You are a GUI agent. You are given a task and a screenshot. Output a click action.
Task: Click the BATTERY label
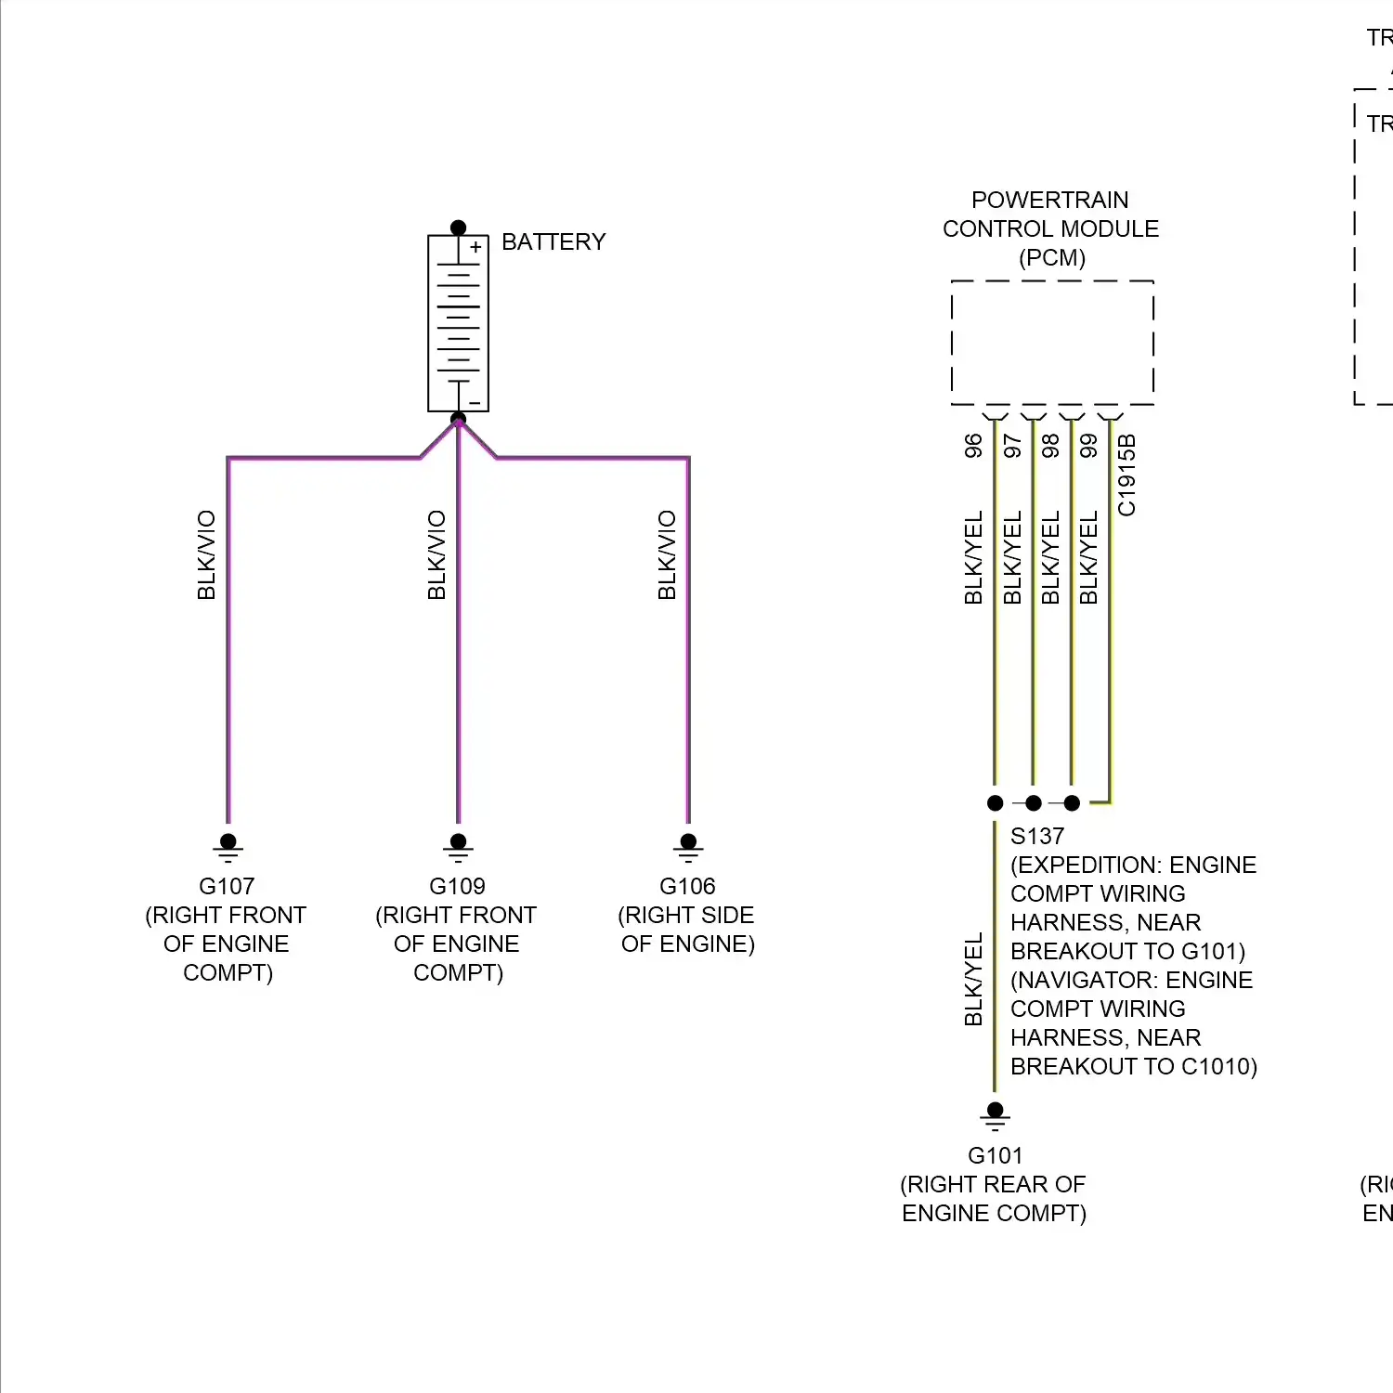click(553, 242)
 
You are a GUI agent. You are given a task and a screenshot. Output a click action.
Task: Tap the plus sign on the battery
click(475, 247)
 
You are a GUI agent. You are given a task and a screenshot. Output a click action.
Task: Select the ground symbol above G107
click(228, 846)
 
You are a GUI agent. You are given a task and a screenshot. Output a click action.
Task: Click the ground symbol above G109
click(458, 846)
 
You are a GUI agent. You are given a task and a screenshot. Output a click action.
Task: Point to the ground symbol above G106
click(688, 846)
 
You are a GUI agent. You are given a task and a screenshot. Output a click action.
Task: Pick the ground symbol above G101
click(995, 1115)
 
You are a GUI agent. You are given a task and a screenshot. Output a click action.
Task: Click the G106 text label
click(687, 886)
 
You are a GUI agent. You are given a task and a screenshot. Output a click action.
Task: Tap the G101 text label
click(995, 1155)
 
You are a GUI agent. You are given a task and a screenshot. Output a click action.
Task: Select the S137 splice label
click(1037, 836)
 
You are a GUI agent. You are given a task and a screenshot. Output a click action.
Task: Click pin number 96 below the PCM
click(973, 446)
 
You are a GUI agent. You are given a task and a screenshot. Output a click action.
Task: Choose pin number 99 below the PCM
click(1088, 446)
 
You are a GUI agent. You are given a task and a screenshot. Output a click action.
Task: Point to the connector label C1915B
click(1126, 475)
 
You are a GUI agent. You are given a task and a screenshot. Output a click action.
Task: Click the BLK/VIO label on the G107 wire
click(206, 554)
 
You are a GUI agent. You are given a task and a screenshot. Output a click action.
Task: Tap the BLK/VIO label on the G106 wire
click(667, 554)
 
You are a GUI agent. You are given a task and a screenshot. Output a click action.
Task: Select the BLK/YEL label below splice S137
click(973, 980)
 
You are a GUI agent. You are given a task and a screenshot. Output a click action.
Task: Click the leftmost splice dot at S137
click(995, 802)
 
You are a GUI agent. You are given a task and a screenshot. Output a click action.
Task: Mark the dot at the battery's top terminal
click(458, 228)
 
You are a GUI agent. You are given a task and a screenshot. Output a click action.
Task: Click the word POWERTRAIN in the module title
click(1049, 200)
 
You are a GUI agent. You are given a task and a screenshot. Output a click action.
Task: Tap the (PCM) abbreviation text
click(1051, 257)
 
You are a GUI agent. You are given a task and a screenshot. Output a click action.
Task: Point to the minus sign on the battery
click(475, 402)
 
